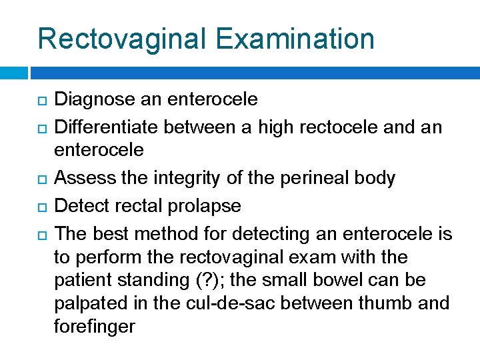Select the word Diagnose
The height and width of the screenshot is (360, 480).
(93, 100)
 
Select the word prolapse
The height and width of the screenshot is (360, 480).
(207, 206)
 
